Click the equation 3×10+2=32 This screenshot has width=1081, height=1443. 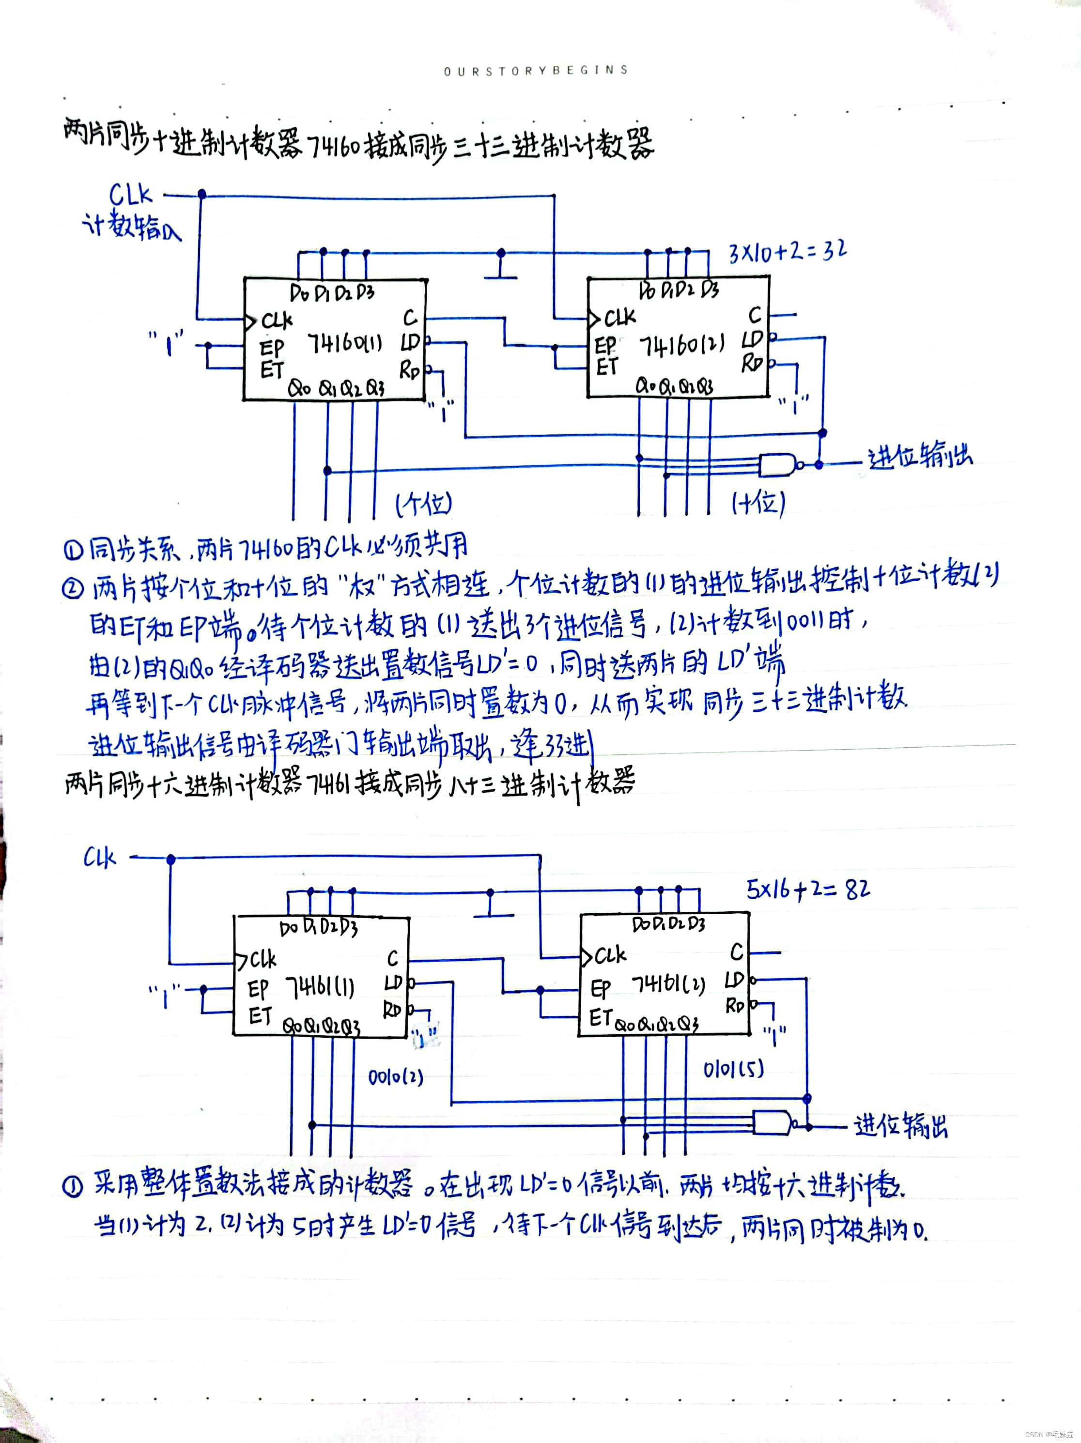click(x=788, y=251)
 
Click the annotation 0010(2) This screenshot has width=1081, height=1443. click(x=395, y=1076)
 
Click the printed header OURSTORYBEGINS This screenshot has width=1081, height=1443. click(x=536, y=70)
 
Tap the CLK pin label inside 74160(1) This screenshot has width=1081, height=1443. click(x=277, y=321)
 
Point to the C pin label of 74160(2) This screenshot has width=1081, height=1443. click(x=755, y=316)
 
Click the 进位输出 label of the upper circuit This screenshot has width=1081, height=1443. click(x=919, y=457)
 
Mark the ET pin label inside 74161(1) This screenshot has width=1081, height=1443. click(x=260, y=1016)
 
